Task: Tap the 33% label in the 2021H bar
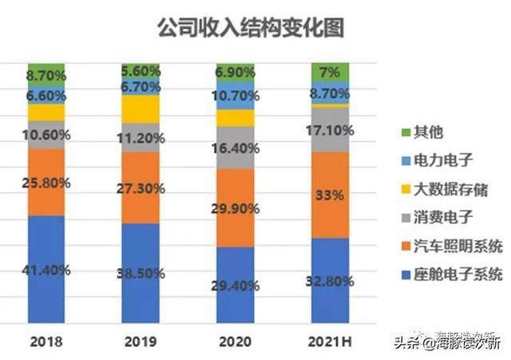pyautogui.click(x=330, y=194)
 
